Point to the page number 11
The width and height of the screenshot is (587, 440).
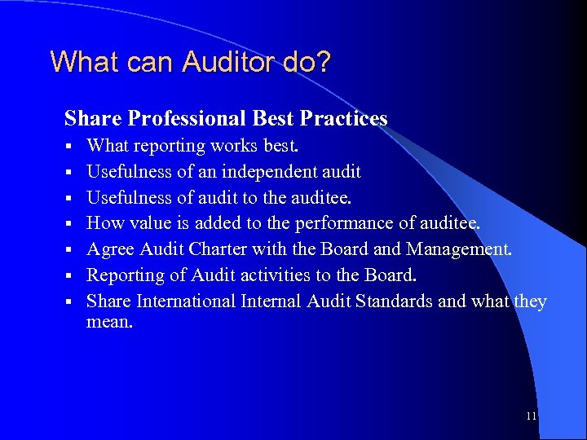[531, 416]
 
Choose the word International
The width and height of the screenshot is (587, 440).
[187, 301]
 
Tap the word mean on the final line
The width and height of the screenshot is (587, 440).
[106, 321]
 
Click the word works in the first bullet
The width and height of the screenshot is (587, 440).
[232, 146]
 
